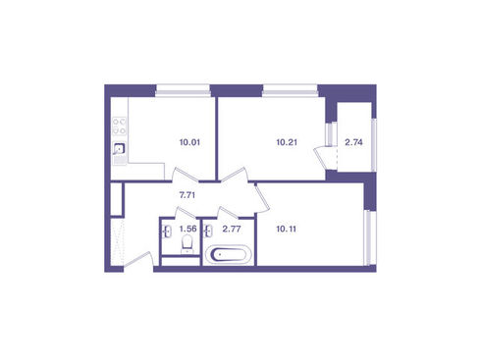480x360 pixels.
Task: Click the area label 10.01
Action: pyautogui.click(x=189, y=142)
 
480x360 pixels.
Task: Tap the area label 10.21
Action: pyautogui.click(x=287, y=142)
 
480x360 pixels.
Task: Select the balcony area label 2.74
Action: pyautogui.click(x=353, y=142)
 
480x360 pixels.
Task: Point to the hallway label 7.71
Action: pyautogui.click(x=187, y=195)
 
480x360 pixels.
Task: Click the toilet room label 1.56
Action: pyautogui.click(x=188, y=229)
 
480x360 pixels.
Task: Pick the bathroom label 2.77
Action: pyautogui.click(x=232, y=229)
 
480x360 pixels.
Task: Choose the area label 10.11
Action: pyautogui.click(x=287, y=229)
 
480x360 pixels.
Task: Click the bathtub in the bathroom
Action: pyautogui.click(x=229, y=254)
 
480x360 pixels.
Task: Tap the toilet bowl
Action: pyautogui.click(x=187, y=244)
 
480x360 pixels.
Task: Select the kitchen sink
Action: pyautogui.click(x=119, y=149)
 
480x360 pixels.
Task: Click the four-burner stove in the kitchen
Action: pyautogui.click(x=120, y=126)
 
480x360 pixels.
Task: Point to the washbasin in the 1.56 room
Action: pyautogui.click(x=167, y=231)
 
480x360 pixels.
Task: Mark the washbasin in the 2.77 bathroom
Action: pyautogui.click(x=208, y=231)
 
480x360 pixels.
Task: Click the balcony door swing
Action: pyautogui.click(x=325, y=158)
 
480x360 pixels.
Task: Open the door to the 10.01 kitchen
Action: pyautogui.click(x=186, y=175)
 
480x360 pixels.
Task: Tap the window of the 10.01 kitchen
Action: pyautogui.click(x=183, y=90)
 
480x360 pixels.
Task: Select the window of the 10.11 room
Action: pyautogui.click(x=370, y=237)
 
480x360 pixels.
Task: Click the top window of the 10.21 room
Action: pyautogui.click(x=290, y=90)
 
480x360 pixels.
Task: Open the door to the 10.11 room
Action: pyautogui.click(x=262, y=198)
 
